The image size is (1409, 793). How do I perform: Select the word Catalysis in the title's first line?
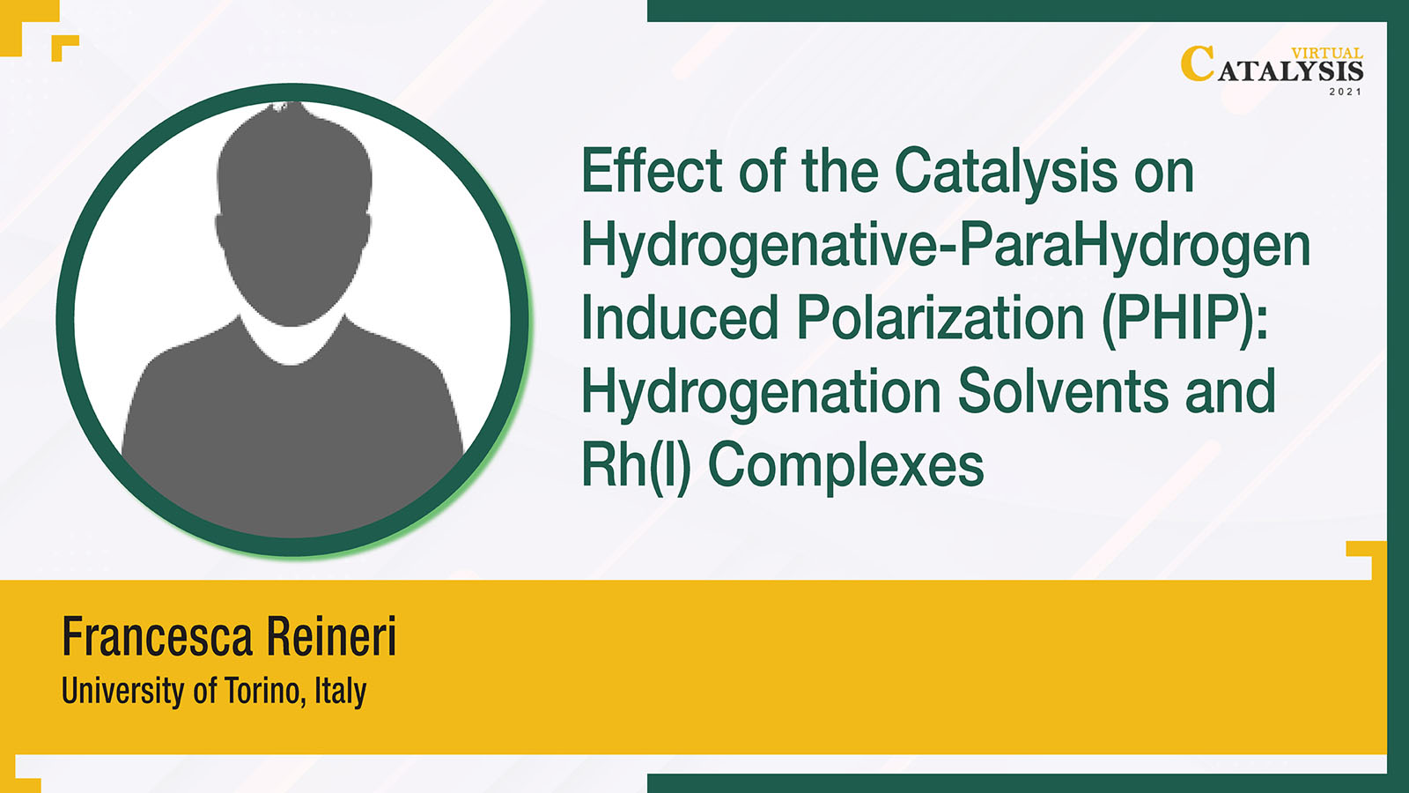(x=1006, y=171)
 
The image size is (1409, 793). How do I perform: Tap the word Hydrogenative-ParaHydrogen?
(x=946, y=247)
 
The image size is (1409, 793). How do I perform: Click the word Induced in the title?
(x=680, y=318)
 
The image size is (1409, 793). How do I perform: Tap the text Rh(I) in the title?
(x=636, y=467)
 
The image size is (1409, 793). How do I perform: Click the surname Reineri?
(x=331, y=636)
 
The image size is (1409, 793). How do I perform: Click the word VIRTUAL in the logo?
(x=1327, y=54)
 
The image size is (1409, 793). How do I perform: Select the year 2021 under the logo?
(x=1346, y=92)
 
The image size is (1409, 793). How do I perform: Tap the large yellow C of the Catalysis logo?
(x=1198, y=63)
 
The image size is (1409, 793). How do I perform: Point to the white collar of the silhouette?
(x=292, y=343)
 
